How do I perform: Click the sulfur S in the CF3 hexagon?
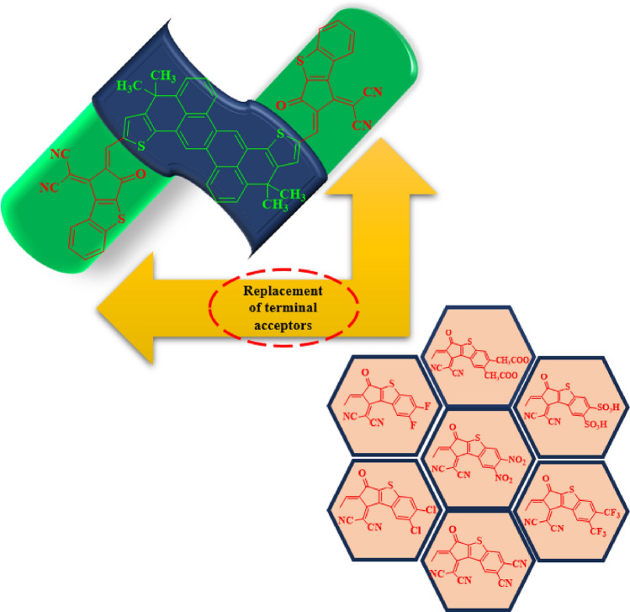565,482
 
